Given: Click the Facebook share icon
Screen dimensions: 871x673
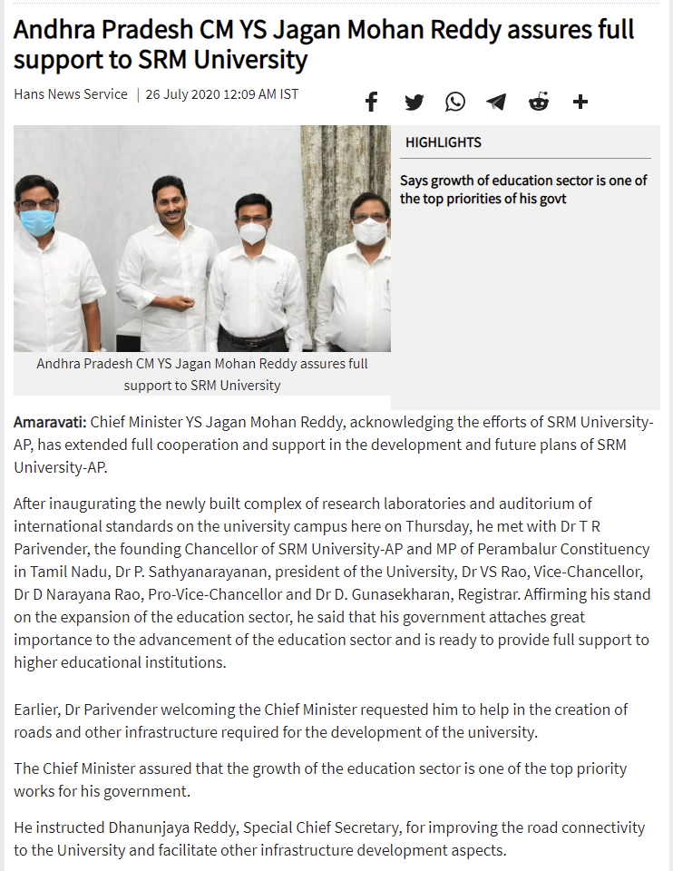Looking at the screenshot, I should click(371, 102).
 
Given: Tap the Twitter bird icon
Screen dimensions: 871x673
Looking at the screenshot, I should click(414, 102).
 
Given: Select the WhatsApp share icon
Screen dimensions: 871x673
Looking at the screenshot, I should click(455, 102).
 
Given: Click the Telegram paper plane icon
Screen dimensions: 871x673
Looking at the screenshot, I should click(496, 102).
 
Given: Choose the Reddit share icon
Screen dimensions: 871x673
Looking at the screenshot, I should click(539, 102).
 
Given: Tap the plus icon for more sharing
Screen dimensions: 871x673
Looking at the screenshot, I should click(580, 102).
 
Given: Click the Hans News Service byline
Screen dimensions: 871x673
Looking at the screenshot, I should click(71, 94).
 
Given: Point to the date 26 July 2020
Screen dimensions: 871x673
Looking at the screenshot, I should click(183, 94).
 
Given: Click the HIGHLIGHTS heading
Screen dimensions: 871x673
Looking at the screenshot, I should click(443, 142).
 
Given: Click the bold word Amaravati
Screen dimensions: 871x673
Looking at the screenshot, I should click(50, 422).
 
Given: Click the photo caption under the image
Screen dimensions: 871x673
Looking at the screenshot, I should click(201, 374).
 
